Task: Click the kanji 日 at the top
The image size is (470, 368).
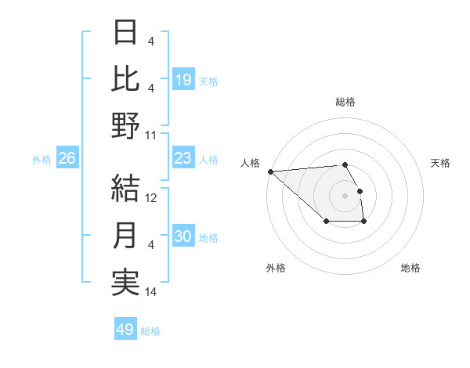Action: click(x=126, y=33)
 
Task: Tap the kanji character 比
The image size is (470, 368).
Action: click(x=126, y=79)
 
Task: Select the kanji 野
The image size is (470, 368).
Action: click(x=126, y=125)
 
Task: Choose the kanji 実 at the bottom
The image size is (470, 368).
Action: click(x=126, y=282)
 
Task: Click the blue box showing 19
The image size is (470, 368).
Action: click(x=183, y=80)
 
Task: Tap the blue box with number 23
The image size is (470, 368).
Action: click(x=183, y=159)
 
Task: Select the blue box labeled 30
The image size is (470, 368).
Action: click(x=183, y=237)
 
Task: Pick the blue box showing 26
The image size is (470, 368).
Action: click(x=67, y=159)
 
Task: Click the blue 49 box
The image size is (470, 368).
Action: click(x=125, y=330)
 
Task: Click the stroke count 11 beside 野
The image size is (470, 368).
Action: click(x=151, y=135)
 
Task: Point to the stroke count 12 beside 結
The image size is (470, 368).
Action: click(x=152, y=198)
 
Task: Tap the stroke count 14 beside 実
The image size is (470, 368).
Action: click(x=152, y=292)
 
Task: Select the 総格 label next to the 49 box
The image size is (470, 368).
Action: click(x=150, y=331)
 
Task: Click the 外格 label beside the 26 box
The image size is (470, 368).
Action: click(x=42, y=160)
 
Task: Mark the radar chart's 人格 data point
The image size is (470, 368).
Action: click(x=270, y=171)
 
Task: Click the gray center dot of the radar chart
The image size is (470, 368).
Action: click(x=345, y=195)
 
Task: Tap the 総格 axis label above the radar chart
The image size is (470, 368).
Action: click(x=345, y=102)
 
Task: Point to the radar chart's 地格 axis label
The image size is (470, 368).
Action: click(x=410, y=268)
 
